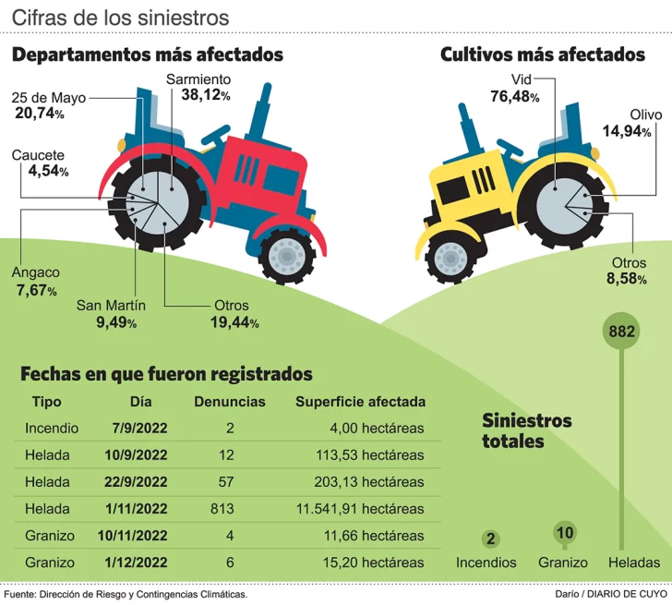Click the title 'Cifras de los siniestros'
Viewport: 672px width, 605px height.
coord(121,18)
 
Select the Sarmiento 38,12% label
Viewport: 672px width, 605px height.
coord(198,87)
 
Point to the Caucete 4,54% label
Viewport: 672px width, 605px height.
coord(39,163)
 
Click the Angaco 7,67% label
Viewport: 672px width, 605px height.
coord(36,281)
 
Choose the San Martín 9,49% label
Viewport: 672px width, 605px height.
coord(110,314)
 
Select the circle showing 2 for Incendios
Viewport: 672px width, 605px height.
coord(490,539)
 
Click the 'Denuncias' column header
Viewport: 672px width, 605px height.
coord(230,402)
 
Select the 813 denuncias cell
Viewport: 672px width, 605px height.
coord(222,509)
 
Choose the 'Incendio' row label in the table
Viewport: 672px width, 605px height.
coord(52,429)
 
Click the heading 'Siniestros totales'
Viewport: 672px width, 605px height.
coord(527,430)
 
